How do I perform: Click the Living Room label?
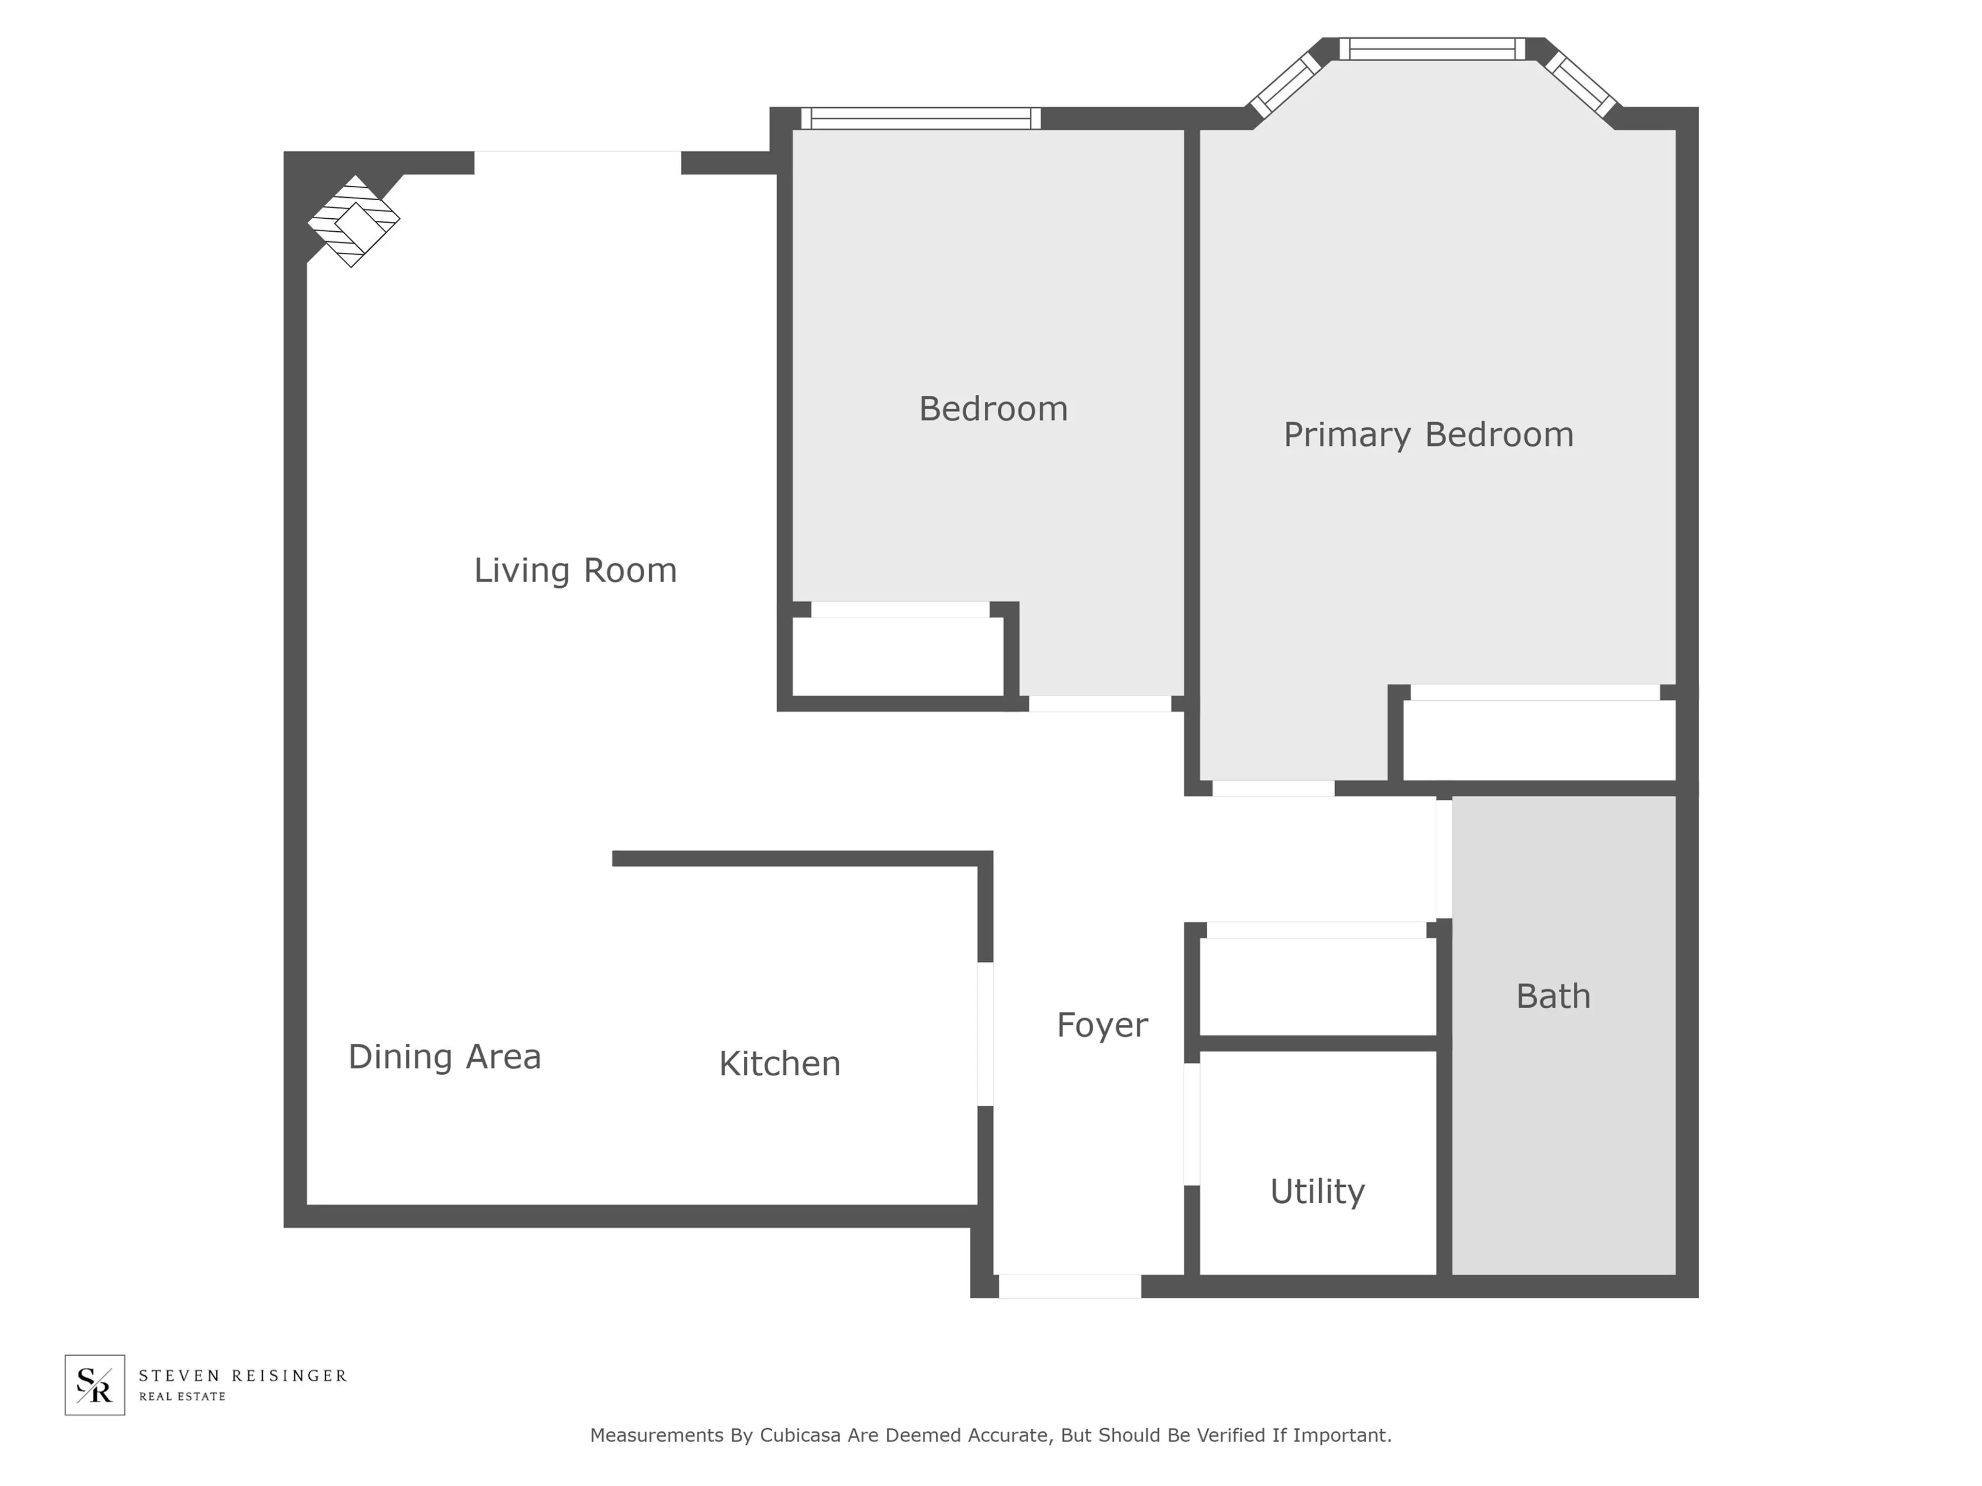576,571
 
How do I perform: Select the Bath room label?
1553,996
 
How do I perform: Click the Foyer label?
1101,1025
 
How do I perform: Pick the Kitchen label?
779,1063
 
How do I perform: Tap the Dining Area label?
444,1057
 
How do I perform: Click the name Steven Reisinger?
242,1375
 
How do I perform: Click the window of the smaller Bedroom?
920,118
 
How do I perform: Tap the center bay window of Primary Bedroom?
1432,49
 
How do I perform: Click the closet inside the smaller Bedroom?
898,656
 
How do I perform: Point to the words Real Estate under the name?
182,1396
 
